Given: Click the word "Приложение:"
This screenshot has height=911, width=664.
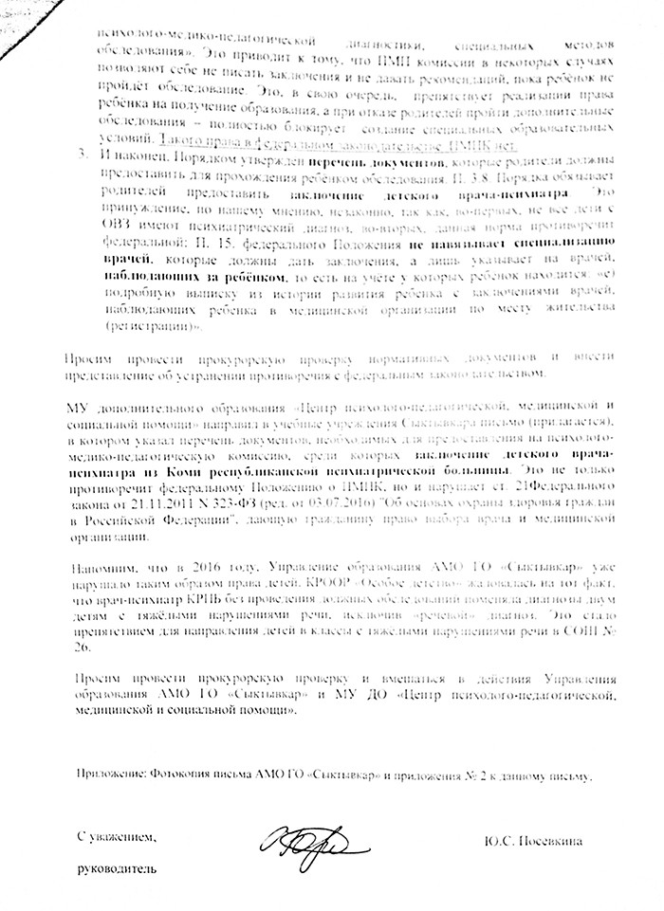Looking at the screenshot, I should click(x=110, y=775).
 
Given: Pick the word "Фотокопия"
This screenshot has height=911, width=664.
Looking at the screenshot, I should click(x=180, y=775).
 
